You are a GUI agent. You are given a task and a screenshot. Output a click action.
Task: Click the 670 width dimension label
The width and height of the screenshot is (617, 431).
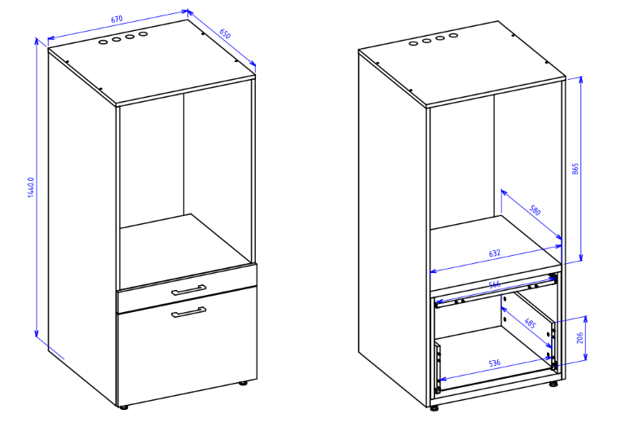(117, 19)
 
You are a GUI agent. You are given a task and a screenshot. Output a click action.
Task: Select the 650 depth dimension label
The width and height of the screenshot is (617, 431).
(225, 33)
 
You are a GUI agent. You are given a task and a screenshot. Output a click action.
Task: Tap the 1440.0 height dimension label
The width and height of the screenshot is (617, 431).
(31, 187)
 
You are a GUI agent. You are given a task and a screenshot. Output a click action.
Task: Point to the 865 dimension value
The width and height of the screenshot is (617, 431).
(575, 169)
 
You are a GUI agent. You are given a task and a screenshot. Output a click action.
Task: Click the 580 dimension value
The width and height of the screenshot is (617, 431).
(535, 210)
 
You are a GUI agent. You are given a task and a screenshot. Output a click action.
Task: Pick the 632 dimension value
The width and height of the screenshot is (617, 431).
(495, 253)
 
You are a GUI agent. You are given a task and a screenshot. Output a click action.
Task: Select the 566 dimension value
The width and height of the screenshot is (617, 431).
(494, 284)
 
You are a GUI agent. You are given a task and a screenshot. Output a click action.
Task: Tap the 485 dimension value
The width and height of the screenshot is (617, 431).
(530, 323)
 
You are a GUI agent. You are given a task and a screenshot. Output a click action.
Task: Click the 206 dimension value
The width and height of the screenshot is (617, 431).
(580, 337)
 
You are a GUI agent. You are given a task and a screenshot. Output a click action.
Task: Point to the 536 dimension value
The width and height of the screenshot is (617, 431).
(495, 363)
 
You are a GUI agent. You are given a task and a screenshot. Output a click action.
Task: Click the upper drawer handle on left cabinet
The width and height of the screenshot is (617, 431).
(189, 290)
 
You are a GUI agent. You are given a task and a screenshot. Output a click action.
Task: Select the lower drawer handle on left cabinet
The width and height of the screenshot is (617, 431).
(189, 312)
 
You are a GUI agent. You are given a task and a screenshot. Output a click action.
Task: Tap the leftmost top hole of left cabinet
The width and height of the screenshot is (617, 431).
(103, 42)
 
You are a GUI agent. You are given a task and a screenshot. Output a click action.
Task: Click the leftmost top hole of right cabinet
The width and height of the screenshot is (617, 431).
(413, 43)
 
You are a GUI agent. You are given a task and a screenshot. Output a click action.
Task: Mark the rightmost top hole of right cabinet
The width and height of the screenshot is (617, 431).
(453, 35)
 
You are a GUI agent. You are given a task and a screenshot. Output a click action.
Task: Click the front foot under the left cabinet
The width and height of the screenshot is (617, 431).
(124, 407)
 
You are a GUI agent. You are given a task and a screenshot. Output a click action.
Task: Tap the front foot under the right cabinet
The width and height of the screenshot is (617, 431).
(434, 408)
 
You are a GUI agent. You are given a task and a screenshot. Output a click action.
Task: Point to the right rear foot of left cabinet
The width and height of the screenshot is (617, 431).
(244, 382)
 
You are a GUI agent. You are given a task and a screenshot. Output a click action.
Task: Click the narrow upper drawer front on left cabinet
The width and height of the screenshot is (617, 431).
(187, 288)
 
